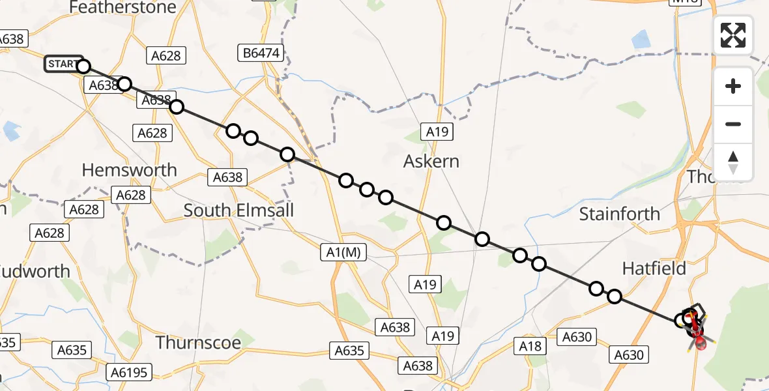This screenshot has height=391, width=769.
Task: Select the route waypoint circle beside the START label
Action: tap(83, 66)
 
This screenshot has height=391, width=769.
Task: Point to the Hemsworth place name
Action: tap(129, 170)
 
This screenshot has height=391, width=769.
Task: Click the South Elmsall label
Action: tap(239, 210)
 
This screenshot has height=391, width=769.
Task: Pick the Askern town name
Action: tap(431, 161)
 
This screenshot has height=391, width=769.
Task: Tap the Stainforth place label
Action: tap(619, 214)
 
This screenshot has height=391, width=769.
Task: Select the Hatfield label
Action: tap(654, 268)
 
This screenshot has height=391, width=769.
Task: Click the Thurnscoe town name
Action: tap(198, 342)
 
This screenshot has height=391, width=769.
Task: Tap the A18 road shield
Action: tap(530, 346)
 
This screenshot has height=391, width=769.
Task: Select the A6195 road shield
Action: tap(130, 372)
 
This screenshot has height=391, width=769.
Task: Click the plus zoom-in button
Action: tap(733, 86)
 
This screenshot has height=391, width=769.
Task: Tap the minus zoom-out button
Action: tap(733, 124)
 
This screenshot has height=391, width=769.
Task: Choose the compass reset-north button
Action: tap(733, 162)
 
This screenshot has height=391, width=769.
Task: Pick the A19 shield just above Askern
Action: tap(437, 132)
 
